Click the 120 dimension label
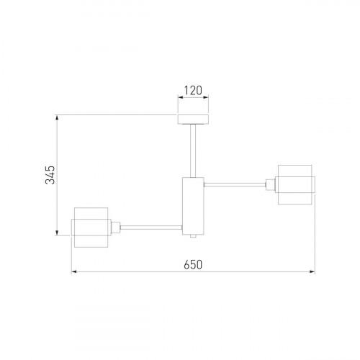coord(193,91)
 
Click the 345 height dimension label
coord(50,175)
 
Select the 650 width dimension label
coord(193,265)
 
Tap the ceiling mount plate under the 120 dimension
coord(193,120)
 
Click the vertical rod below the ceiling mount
coord(193,150)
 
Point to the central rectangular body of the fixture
coord(193,206)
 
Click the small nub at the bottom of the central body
coord(193,236)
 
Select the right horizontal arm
coord(235,184)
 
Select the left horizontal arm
coord(151,228)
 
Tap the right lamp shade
coord(295,184)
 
